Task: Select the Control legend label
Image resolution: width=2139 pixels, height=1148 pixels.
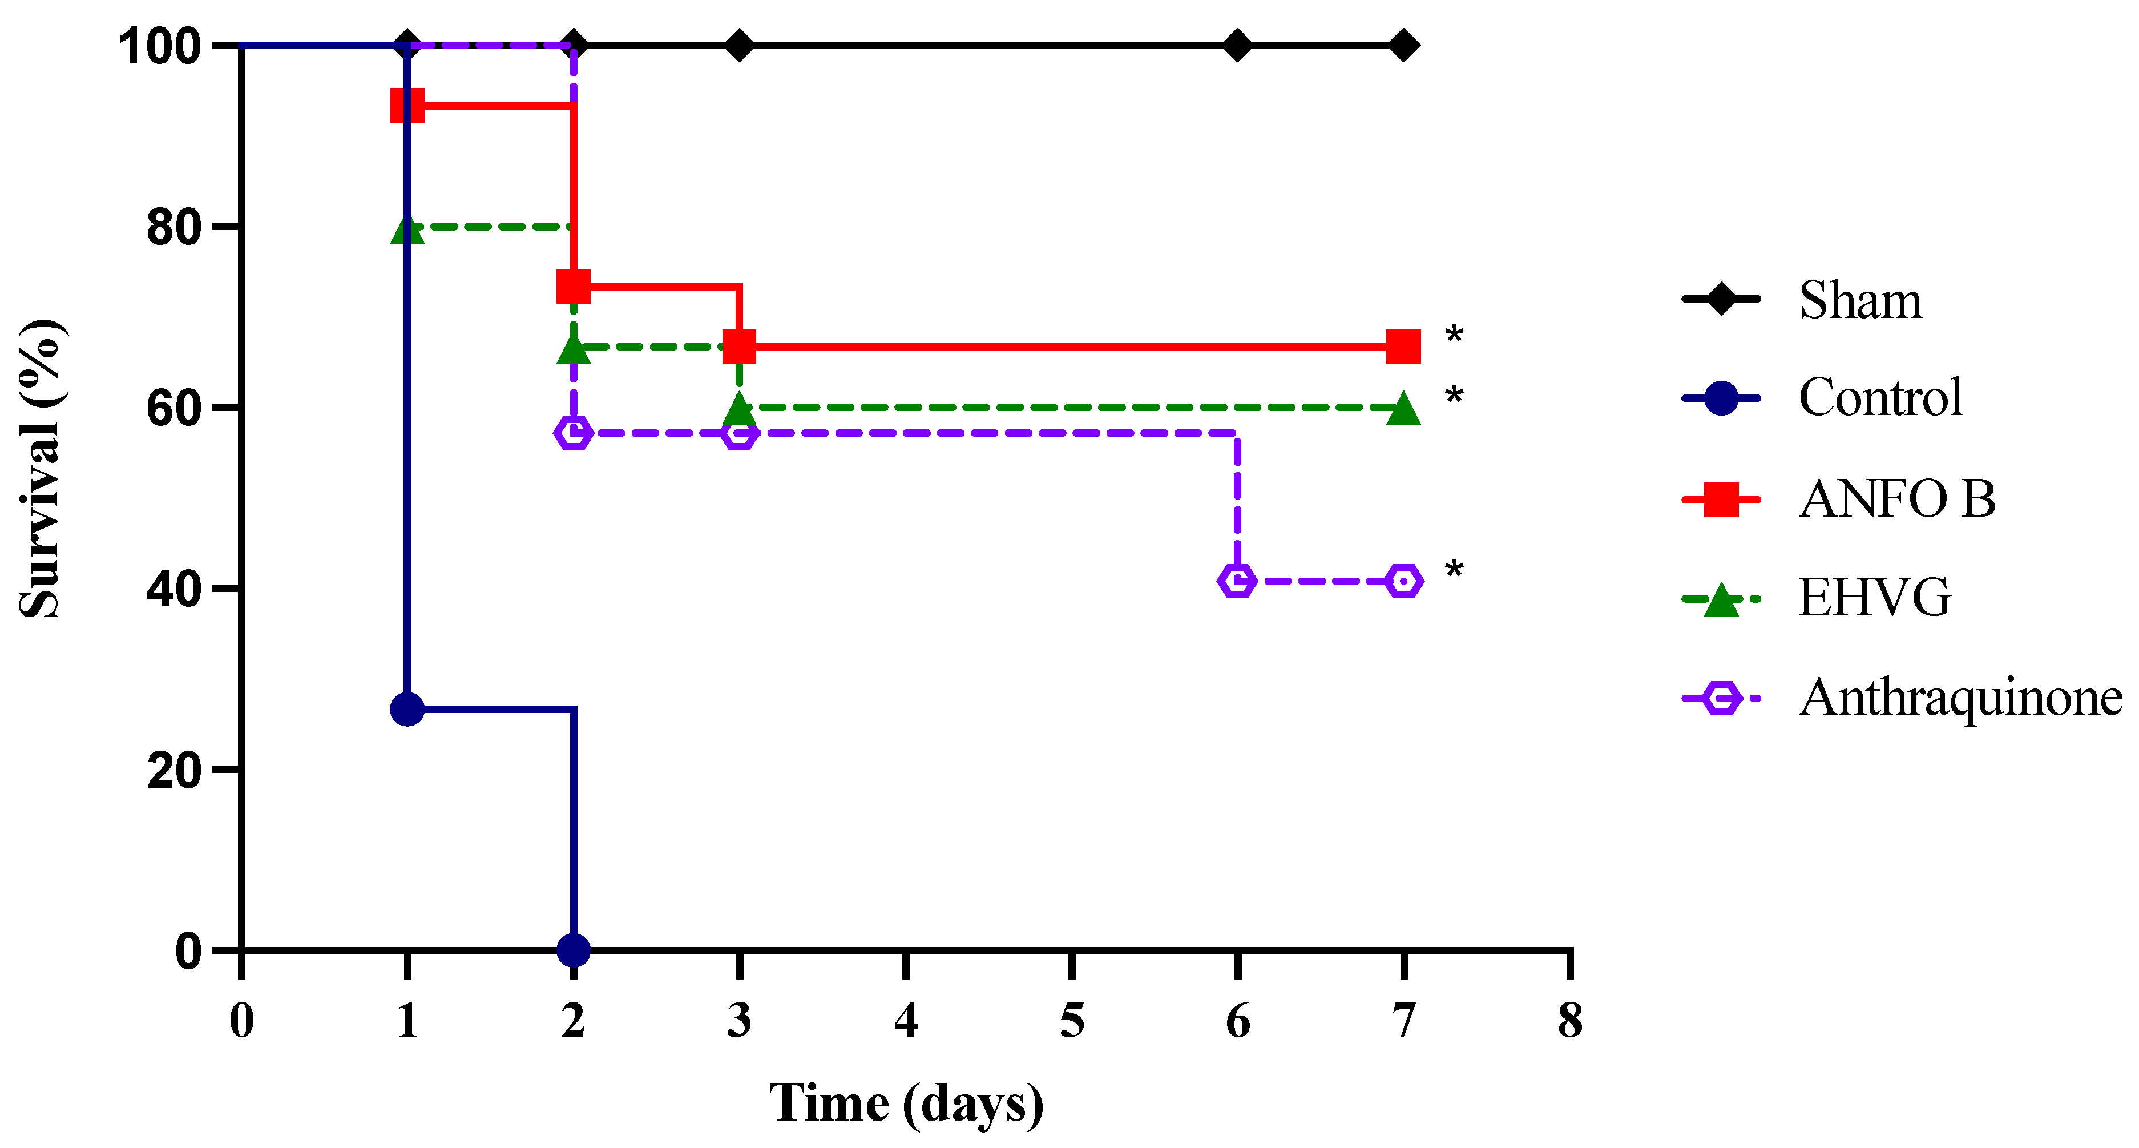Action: [x=1880, y=397]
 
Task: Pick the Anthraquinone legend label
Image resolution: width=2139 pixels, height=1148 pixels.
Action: [x=1960, y=697]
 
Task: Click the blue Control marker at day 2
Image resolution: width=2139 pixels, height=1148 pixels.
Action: [x=574, y=949]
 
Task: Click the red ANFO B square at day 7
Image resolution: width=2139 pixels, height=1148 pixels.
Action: [x=1403, y=347]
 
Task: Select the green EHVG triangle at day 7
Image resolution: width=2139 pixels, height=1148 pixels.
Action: [x=1403, y=409]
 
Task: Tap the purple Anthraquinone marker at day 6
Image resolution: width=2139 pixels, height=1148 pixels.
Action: [x=1237, y=581]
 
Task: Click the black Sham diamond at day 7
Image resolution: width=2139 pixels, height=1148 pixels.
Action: [x=1403, y=45]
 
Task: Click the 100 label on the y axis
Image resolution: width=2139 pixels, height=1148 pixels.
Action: [x=160, y=46]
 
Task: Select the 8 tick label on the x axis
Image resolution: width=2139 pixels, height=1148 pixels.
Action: [x=1569, y=1020]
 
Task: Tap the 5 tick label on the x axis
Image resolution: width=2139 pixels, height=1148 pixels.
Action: [x=1072, y=1020]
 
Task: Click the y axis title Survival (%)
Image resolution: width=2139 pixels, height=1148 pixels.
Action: [x=40, y=468]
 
